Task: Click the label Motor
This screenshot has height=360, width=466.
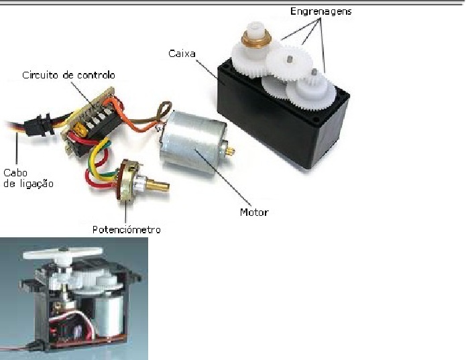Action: point(254,213)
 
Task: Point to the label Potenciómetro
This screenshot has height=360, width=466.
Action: point(127,230)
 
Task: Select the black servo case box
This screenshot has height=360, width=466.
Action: point(268,121)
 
